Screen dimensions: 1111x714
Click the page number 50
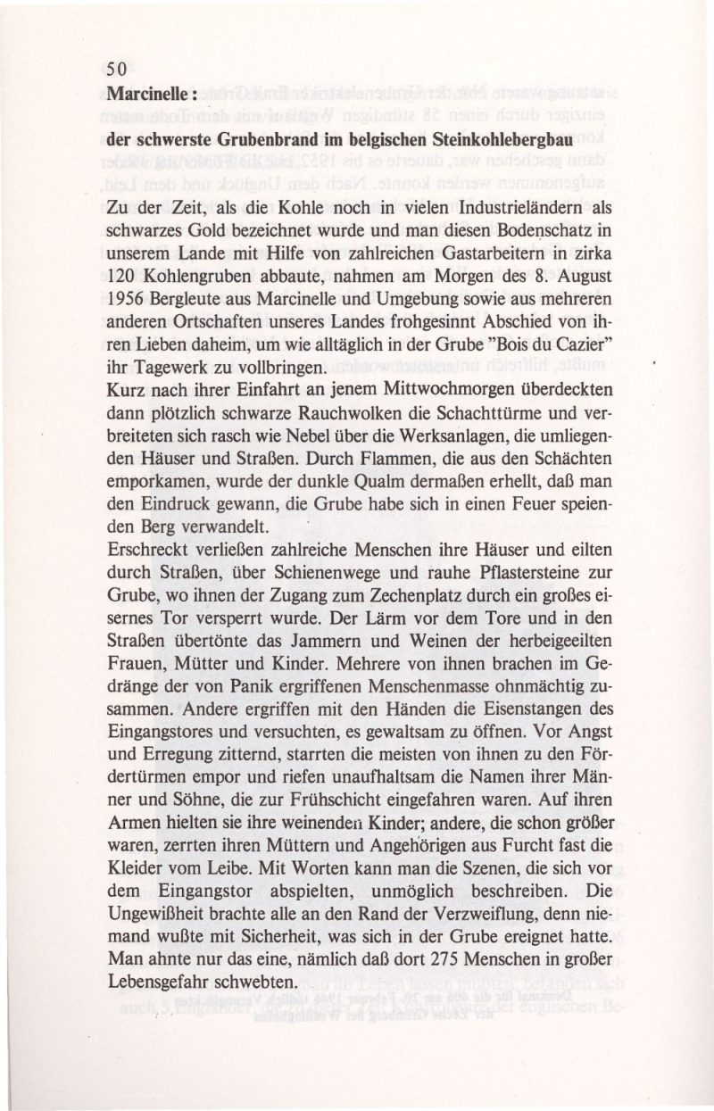pos(117,68)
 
